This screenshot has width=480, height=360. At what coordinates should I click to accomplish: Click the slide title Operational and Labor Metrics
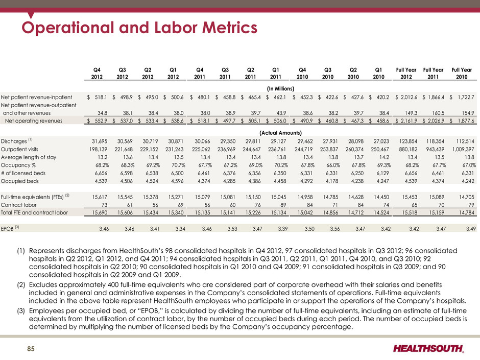pyautogui.click(x=139, y=27)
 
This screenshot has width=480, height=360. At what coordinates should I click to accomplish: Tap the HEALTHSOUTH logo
pyautogui.click(x=428, y=349)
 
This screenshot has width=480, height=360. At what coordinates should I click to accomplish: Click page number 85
pyautogui.click(x=31, y=349)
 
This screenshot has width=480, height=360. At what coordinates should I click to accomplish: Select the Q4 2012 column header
pyautogui.click(x=97, y=73)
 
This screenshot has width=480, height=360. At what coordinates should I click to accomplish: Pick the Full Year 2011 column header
pyautogui.click(x=433, y=73)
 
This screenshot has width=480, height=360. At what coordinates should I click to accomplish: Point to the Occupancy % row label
pyautogui.click(x=18, y=165)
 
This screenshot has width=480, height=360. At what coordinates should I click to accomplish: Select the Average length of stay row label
pyautogui.click(x=29, y=157)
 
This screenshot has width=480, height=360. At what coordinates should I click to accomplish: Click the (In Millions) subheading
pyautogui.click(x=280, y=89)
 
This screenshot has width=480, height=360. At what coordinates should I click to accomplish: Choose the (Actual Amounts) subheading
pyautogui.click(x=280, y=133)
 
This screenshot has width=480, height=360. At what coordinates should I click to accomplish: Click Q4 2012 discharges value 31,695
pyautogui.click(x=100, y=141)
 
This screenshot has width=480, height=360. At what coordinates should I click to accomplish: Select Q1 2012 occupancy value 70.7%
pyautogui.click(x=177, y=165)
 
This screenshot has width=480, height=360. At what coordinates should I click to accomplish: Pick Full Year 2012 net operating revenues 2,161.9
pyautogui.click(x=409, y=121)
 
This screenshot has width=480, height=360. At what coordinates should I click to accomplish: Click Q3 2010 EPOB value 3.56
pyautogui.click(x=335, y=228)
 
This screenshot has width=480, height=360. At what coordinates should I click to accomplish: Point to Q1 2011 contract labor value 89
pyautogui.click(x=283, y=205)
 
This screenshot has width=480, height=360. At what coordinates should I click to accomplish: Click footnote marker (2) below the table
pyautogui.click(x=21, y=285)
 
